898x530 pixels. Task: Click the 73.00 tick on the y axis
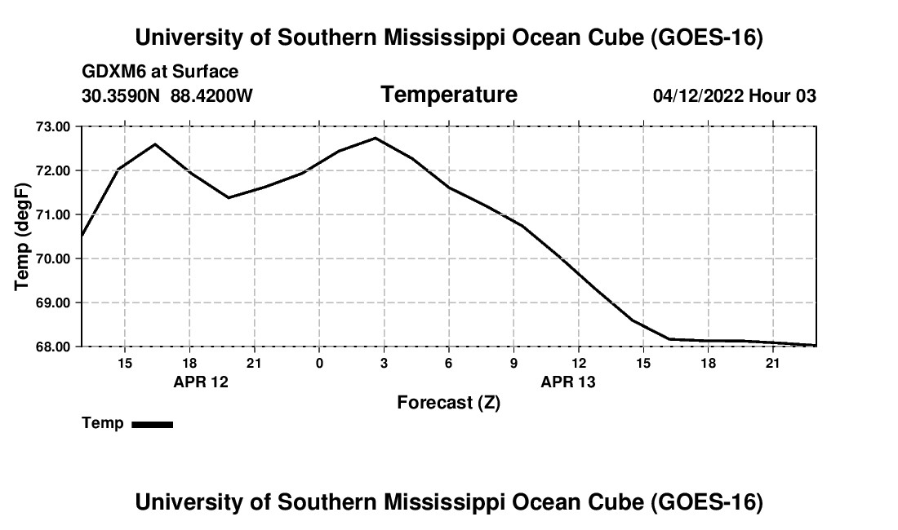click(53, 127)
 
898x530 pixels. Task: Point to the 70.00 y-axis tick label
click(53, 259)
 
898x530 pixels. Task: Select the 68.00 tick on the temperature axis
click(53, 347)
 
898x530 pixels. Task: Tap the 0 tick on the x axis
click(319, 364)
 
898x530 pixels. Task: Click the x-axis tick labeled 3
click(384, 364)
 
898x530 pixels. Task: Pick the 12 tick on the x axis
click(579, 364)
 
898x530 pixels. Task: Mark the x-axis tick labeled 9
click(513, 364)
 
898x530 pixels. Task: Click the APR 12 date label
click(201, 382)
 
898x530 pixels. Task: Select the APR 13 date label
click(568, 382)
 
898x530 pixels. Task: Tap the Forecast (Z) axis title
click(449, 403)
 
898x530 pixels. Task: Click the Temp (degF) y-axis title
click(22, 236)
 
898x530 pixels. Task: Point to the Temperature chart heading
click(449, 95)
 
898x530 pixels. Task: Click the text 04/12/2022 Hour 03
click(735, 95)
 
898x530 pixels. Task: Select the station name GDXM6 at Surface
click(160, 72)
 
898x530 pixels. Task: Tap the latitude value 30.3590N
click(120, 95)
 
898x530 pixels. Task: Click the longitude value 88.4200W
click(211, 95)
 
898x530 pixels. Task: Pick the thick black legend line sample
click(153, 424)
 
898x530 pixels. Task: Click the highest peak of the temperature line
click(376, 138)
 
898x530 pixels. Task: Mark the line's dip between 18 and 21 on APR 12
click(229, 198)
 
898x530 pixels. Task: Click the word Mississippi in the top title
click(444, 38)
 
